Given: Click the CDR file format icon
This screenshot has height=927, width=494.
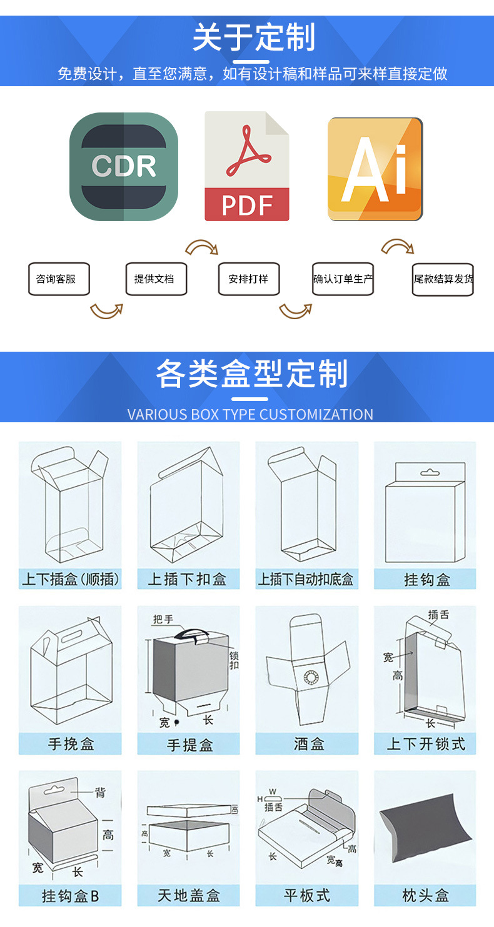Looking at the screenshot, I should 124,167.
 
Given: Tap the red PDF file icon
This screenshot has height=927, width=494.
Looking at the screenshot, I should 247,166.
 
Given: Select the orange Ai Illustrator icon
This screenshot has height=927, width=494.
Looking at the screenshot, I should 375,169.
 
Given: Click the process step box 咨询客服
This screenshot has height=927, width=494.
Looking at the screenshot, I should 59,279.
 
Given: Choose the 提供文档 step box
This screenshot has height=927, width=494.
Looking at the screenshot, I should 156,279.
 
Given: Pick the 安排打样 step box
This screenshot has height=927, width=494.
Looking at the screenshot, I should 249,279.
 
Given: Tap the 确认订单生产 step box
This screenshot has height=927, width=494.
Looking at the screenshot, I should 343,279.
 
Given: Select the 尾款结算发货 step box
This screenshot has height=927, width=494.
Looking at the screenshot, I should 443,279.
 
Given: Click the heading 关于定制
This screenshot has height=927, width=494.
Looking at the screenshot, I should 253,37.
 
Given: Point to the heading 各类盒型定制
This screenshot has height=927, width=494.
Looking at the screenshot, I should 251,375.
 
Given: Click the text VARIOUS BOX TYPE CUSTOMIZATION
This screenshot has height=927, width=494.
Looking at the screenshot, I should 250,415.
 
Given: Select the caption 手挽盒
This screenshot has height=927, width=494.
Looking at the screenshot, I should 71,744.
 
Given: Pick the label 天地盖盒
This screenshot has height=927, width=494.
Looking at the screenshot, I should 189,896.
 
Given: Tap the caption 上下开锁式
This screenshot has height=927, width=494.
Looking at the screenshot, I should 425,744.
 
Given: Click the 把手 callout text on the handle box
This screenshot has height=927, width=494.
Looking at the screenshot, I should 163,619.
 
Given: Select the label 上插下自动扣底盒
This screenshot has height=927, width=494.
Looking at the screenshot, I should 306,580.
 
